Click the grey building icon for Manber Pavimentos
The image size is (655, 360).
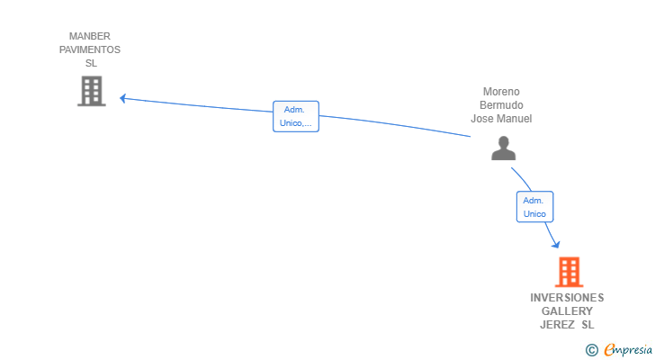91,91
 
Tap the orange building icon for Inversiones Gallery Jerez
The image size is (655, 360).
569,272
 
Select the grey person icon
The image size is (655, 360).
504,148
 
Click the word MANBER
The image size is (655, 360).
90,37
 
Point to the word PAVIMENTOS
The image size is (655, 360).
90,50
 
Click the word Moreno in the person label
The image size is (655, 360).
501,92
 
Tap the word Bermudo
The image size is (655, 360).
501,105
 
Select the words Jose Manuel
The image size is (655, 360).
501,119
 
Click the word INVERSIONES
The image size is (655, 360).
567,298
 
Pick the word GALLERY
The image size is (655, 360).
567,311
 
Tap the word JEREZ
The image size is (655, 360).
557,325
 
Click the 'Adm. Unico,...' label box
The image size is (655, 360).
296,116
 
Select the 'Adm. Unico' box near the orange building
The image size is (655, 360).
534,207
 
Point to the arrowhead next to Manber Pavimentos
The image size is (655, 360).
123,98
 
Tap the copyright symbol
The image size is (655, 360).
591,350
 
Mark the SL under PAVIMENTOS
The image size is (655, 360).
91,64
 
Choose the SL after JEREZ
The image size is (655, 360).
588,325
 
